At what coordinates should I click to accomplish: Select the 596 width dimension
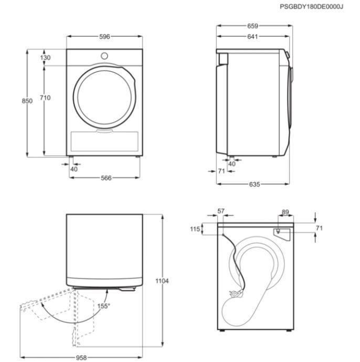104,36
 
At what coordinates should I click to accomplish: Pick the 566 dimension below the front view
106,178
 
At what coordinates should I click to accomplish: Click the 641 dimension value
252,36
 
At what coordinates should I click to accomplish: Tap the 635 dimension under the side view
254,184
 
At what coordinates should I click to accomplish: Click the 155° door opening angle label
103,305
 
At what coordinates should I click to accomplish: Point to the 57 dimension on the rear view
221,211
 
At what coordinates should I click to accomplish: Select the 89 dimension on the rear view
285,212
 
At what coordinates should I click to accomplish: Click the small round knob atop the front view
104,55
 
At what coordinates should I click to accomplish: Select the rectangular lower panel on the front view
104,141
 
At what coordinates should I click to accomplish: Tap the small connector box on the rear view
278,229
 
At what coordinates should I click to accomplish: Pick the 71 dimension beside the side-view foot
221,171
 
